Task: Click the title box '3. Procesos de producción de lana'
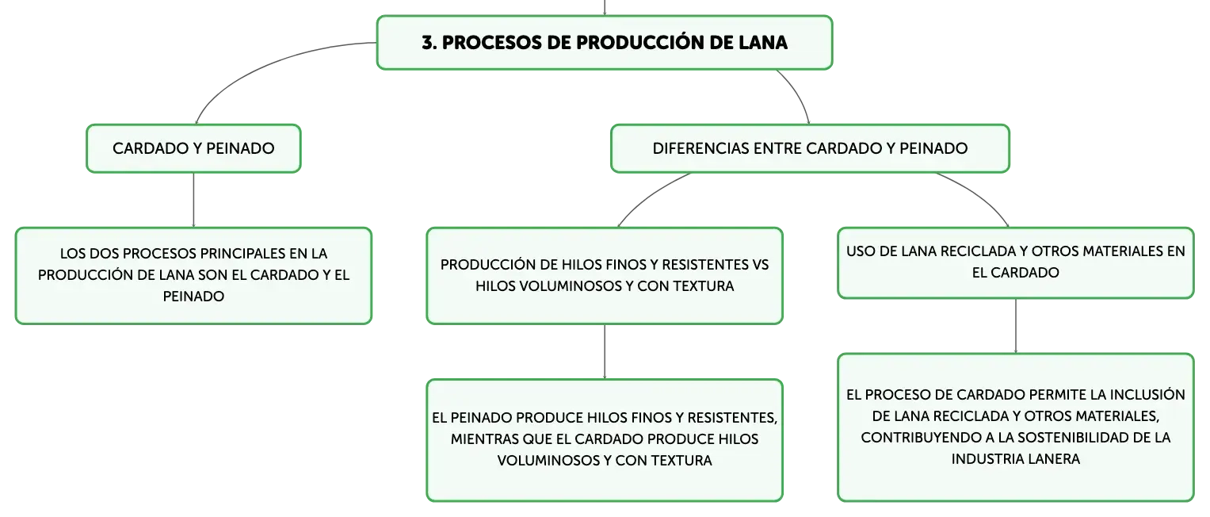[605, 42]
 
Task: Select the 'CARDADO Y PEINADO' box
[193, 148]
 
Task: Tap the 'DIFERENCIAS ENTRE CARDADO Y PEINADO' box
[811, 148]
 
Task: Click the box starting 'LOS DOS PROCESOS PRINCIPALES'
[193, 275]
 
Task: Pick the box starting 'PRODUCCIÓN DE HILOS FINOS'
[605, 275]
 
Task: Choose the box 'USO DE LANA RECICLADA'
[1016, 262]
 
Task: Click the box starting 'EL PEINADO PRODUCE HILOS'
[605, 439]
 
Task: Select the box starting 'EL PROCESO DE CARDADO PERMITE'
[1016, 427]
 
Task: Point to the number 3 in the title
[429, 43]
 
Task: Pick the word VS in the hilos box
[760, 265]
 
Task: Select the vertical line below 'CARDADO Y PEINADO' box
[193, 200]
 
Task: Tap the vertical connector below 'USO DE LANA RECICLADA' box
[1016, 326]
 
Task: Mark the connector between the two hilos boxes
[605, 351]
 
